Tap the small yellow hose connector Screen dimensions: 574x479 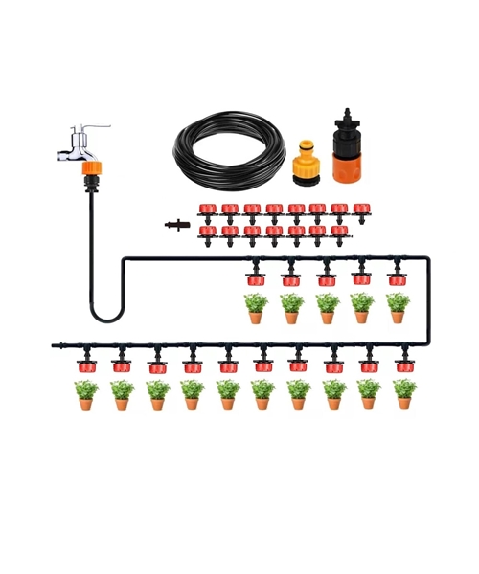tap(307, 166)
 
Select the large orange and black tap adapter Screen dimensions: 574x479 tap(347, 153)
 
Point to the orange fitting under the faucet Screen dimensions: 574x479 tap(91, 168)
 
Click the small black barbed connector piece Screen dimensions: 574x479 tap(177, 225)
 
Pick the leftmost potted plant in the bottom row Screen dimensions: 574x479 tap(86, 394)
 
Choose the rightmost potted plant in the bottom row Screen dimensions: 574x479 tap(404, 393)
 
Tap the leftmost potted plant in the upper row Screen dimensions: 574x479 tap(256, 308)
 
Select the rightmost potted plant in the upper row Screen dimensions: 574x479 tap(398, 308)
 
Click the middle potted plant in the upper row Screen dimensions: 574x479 tap(327, 308)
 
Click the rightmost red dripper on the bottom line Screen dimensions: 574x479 tap(404, 364)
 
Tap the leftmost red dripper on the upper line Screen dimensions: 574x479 tap(256, 278)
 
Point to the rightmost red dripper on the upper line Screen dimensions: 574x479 tap(397, 278)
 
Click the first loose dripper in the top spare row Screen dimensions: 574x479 tap(207, 209)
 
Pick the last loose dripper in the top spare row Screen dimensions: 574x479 tap(361, 209)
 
